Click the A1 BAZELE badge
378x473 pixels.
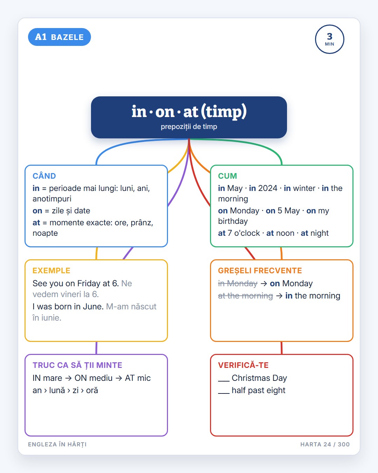pos(59,37)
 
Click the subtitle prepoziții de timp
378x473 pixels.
pos(189,127)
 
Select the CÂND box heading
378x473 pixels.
pos(44,176)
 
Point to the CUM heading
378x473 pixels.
pos(227,176)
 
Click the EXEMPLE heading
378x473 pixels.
pos(51,270)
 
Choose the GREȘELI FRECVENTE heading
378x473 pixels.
pos(260,271)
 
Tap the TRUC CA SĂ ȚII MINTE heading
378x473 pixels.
pos(77,365)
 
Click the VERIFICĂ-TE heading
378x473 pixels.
pos(243,365)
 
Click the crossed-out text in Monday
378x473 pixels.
pos(238,283)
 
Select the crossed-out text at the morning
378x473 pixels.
pos(245,296)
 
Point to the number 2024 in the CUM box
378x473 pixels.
pos(267,188)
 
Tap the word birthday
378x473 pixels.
pos(233,221)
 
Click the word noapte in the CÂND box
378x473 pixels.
pos(45,233)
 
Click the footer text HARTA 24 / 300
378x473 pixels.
pos(325,444)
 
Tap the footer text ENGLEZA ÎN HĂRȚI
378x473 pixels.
pos(57,444)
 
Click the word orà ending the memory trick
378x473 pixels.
pos(92,391)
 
